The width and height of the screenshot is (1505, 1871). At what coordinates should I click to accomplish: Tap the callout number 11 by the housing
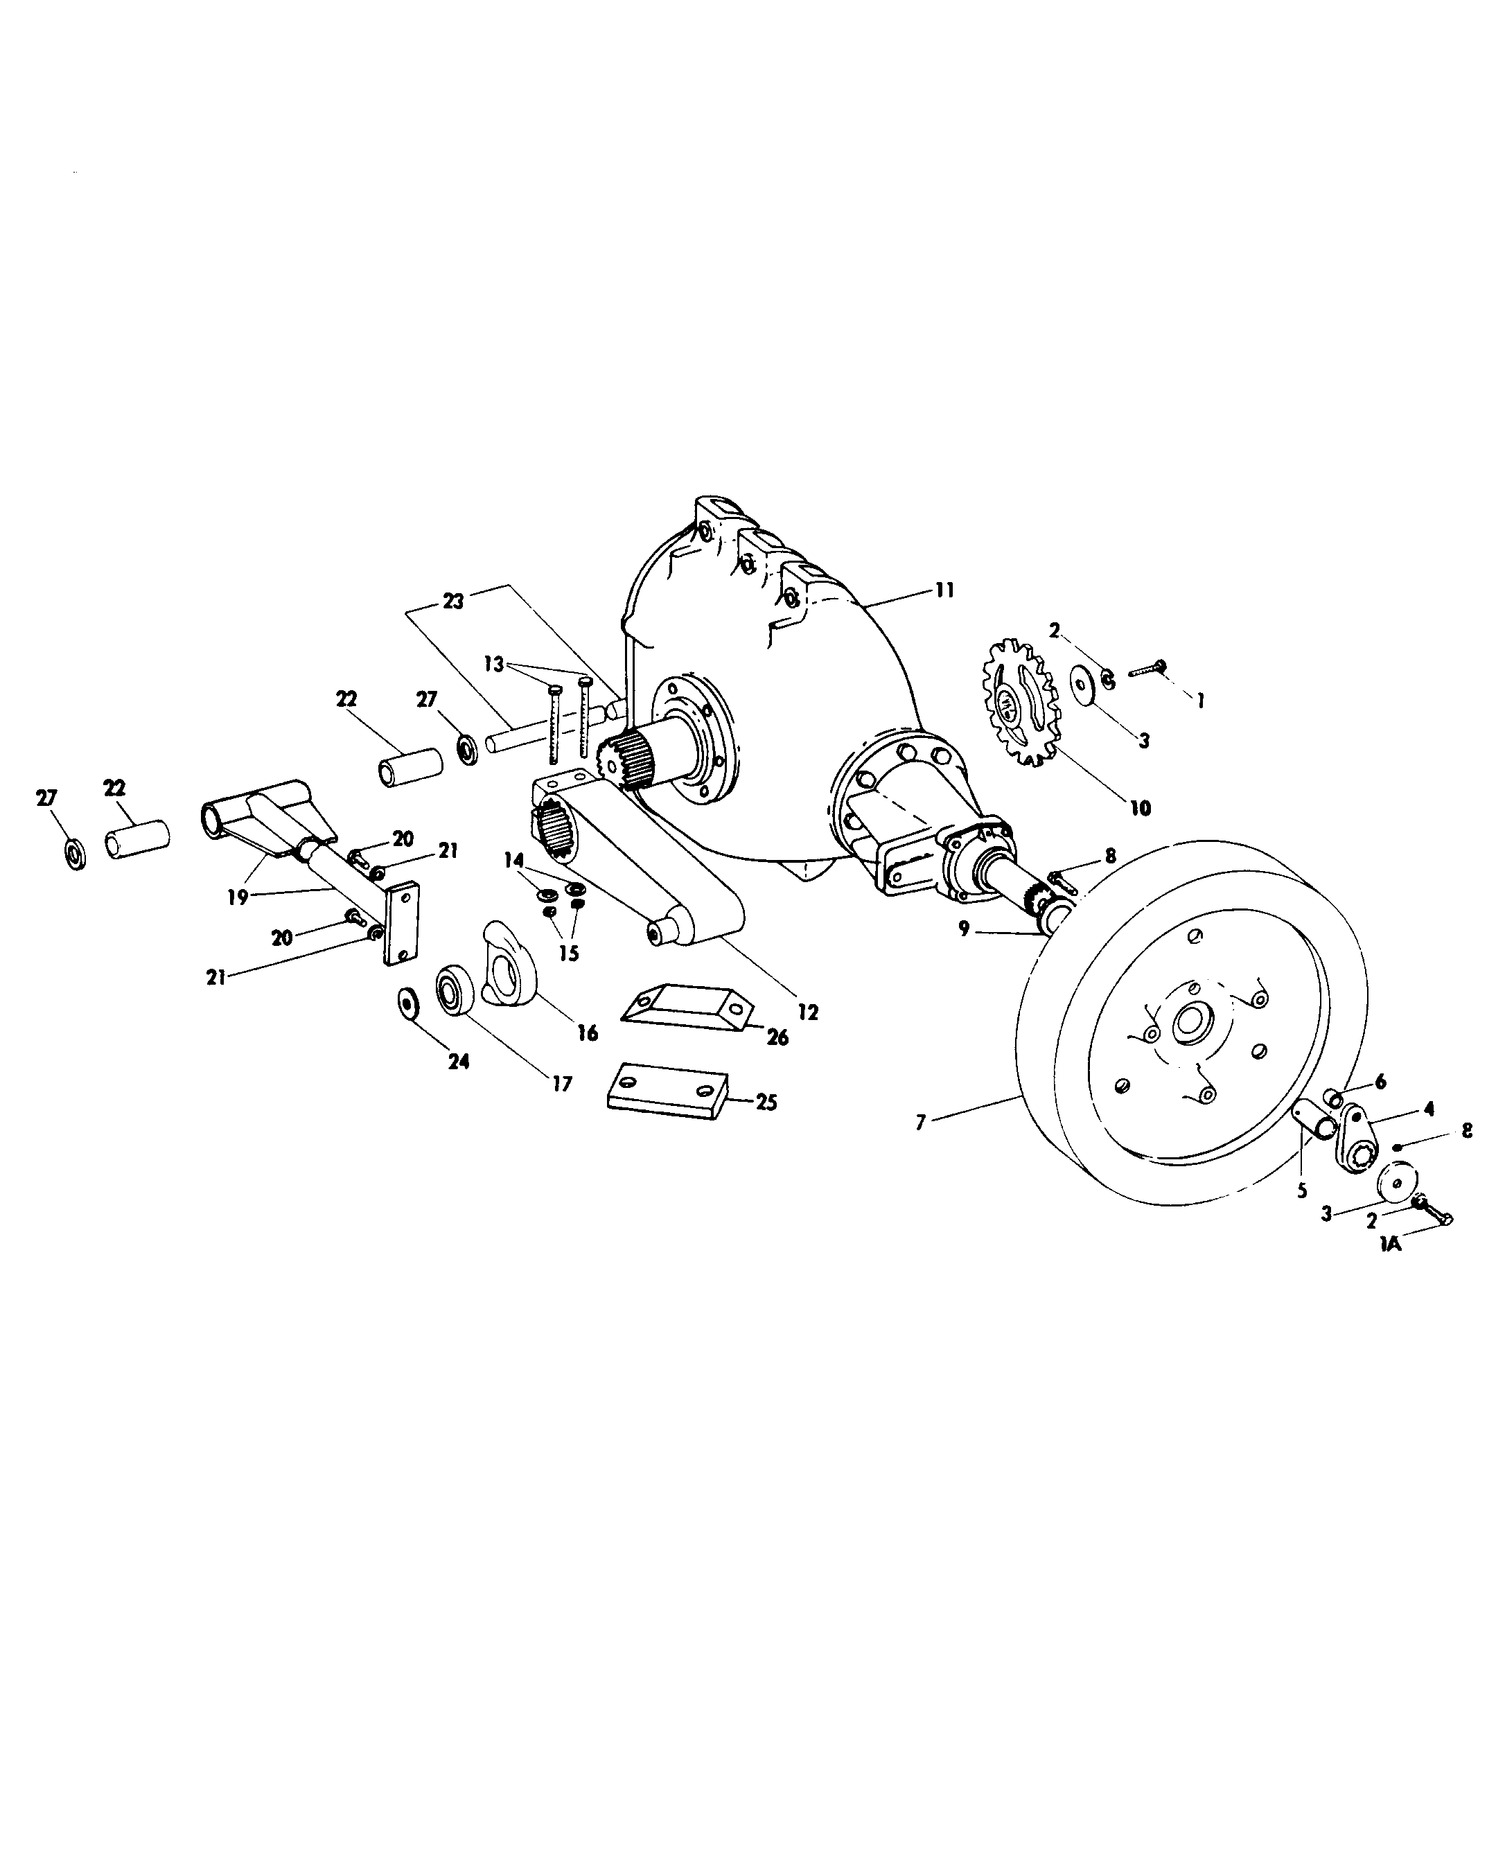coord(944,590)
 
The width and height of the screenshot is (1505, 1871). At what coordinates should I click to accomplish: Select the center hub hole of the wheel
coord(1188,1024)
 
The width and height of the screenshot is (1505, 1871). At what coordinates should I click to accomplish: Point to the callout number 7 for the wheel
coord(921,1123)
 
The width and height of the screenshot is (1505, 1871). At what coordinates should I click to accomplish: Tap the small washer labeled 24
coord(405,1001)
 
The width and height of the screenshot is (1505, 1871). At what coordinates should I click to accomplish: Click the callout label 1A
coord(1391,1244)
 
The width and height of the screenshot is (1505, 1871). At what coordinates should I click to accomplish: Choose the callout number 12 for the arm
coord(808,1012)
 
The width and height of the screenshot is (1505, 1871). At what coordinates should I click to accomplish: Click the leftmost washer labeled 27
coord(76,853)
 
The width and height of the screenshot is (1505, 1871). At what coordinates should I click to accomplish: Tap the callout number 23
coord(453,601)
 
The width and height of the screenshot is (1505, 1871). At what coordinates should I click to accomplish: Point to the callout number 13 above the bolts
coord(493,664)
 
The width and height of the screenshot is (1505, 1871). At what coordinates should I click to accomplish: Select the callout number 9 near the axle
coord(965,929)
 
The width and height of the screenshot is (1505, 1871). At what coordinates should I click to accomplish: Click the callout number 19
coord(238,897)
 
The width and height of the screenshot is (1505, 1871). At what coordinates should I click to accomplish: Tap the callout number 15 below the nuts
coord(567,953)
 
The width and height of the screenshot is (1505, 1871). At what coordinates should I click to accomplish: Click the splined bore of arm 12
coord(552,829)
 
